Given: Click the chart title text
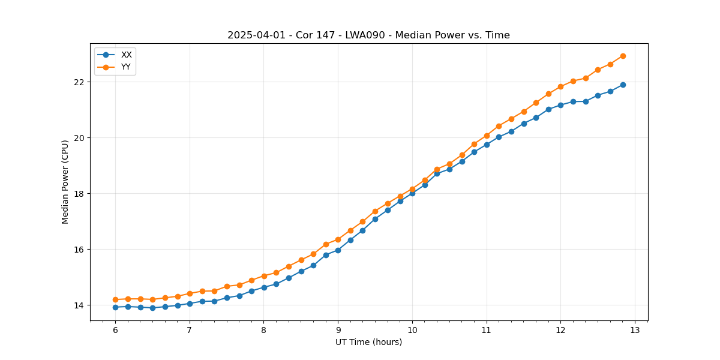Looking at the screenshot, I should click(368, 35).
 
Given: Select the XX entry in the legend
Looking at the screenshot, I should click(126, 55).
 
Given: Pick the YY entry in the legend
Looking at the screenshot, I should click(126, 67).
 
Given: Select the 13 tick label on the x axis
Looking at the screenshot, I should click(635, 330).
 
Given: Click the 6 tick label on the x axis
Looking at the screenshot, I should click(115, 330).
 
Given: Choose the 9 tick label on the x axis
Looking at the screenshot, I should click(338, 330).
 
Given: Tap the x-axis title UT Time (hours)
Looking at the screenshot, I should click(368, 343).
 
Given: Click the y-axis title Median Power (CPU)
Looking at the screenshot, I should click(65, 182).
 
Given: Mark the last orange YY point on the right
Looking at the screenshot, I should click(623, 56).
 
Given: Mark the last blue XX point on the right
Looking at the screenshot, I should click(623, 85).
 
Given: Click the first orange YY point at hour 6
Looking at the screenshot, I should click(115, 299).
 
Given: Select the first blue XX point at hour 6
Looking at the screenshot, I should click(115, 307).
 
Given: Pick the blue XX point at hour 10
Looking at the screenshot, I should click(412, 193).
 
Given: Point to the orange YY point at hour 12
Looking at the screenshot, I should click(560, 86).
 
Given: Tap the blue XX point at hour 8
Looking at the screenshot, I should click(264, 287).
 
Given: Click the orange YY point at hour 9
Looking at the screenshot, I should click(338, 239).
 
